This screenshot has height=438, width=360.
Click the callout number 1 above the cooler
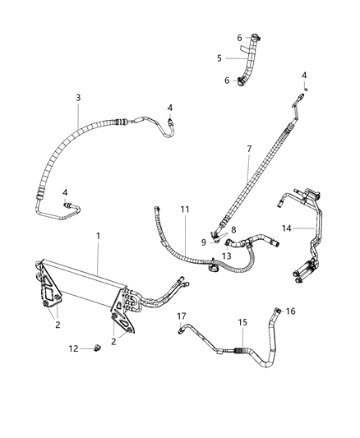click(98, 236)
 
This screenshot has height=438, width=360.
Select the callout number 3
click(77, 98)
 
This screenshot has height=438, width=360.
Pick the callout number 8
click(233, 230)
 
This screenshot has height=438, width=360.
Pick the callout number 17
click(182, 314)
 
